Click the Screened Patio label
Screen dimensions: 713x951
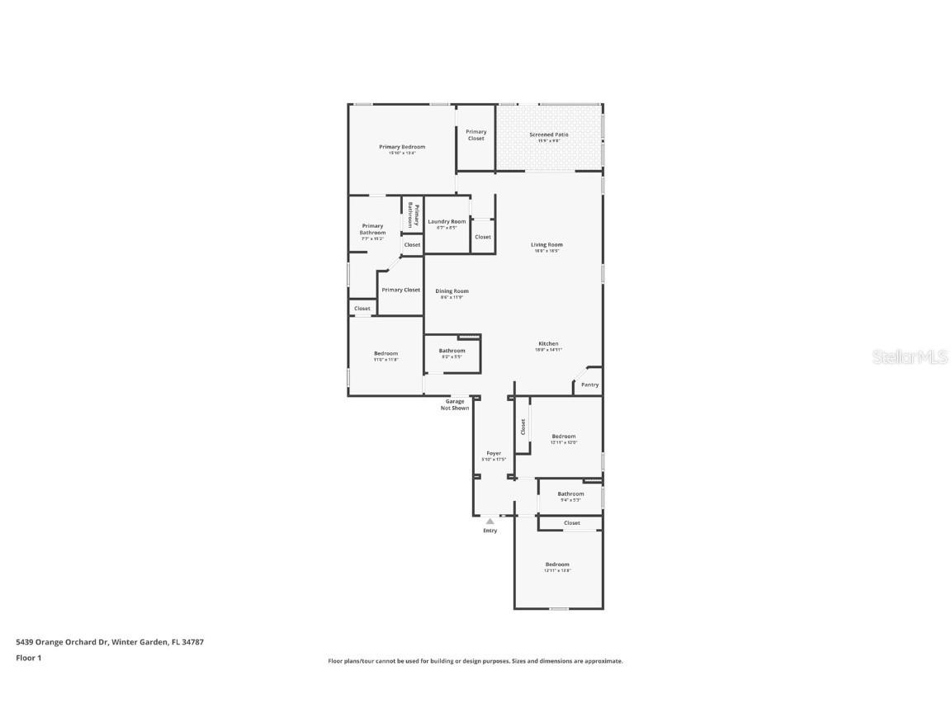[x=549, y=135]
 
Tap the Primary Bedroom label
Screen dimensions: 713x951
[x=402, y=147]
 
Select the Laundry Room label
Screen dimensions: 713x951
[x=447, y=221]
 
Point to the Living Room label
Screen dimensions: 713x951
[x=546, y=244]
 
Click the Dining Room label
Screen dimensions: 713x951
[x=452, y=290]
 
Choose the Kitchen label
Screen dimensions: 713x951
[x=548, y=343]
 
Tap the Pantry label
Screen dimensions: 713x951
[x=589, y=385]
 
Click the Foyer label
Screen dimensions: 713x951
[x=494, y=453]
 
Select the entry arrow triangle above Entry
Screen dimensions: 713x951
[x=490, y=522]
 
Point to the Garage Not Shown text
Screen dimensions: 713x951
[x=455, y=404]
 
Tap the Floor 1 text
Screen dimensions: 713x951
[x=28, y=658]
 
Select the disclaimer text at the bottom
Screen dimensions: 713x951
[x=475, y=661]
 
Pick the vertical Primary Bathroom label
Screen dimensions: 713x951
[x=413, y=215]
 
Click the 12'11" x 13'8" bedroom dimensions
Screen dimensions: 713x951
[x=557, y=571]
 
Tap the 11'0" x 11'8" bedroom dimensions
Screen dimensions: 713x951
[x=386, y=360]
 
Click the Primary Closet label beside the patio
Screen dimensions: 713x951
[x=476, y=135]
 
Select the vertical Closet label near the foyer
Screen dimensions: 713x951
[x=523, y=427]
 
